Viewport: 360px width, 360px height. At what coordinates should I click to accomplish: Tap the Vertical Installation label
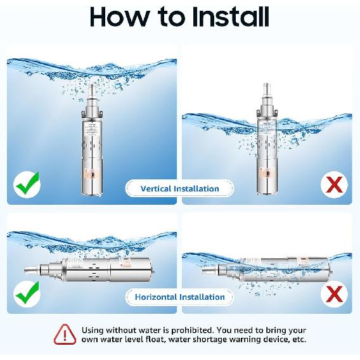(x=179, y=188)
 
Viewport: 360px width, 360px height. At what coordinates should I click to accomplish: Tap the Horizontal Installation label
(x=179, y=297)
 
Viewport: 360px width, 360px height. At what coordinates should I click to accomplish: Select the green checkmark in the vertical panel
(x=27, y=184)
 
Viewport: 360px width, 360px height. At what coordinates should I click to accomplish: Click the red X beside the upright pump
(x=335, y=185)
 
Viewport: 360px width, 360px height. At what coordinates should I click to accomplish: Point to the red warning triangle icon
(x=64, y=334)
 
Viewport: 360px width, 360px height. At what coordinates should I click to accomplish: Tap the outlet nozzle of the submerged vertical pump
(x=93, y=89)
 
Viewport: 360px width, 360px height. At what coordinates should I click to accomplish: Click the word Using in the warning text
(x=94, y=330)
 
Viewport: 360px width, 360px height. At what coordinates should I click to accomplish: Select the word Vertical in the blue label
(x=158, y=188)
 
